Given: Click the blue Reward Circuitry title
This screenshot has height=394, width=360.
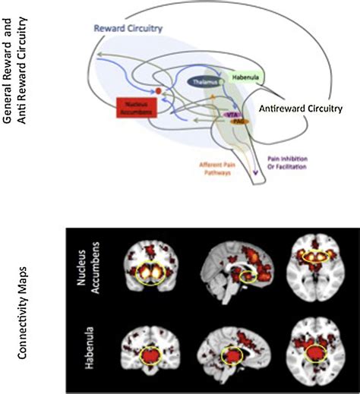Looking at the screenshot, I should tap(127, 31).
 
